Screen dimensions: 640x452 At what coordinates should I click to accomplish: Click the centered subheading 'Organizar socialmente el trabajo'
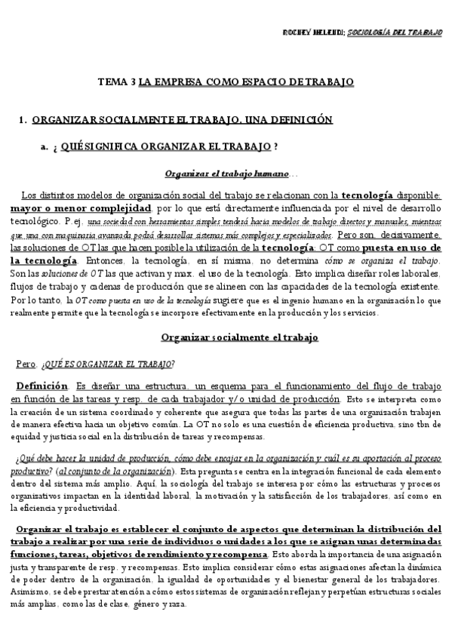(240, 337)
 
